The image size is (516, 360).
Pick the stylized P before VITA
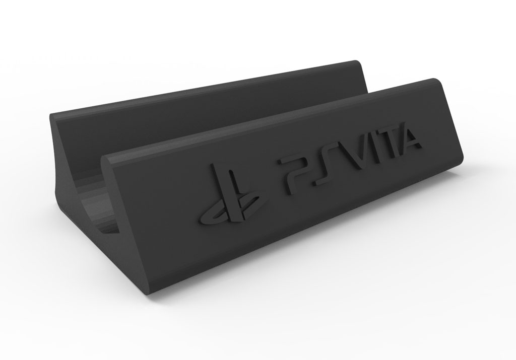click(x=294, y=171)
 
